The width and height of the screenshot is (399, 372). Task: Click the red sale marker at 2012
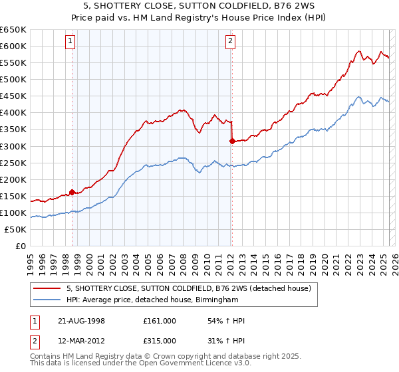(231, 141)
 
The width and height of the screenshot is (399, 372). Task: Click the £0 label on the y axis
(20, 246)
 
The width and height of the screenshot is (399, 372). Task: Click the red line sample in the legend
(47, 288)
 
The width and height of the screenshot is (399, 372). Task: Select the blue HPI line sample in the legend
(47, 300)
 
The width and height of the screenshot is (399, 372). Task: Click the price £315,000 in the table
(160, 342)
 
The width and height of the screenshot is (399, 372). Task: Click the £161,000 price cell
(160, 321)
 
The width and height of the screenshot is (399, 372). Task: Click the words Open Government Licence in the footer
(196, 365)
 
